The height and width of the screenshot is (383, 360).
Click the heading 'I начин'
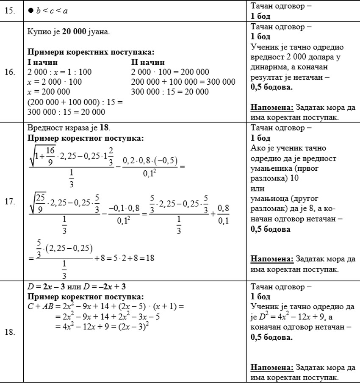43,63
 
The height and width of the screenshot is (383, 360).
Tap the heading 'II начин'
148,63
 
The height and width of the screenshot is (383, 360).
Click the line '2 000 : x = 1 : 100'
59,72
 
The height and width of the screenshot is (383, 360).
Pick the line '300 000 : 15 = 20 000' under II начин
170,92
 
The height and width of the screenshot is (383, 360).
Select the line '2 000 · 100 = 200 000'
170,72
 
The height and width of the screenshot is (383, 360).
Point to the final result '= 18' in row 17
147,257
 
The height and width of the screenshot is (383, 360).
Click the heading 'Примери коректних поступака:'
91,53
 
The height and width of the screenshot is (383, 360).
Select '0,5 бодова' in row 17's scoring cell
271,229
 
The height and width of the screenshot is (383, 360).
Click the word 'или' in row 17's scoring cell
258,188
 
